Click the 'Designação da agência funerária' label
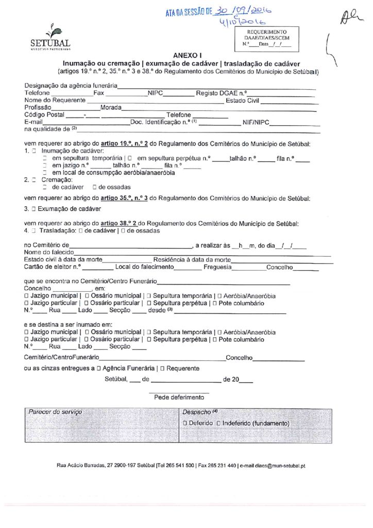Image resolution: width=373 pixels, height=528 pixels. coord(71,85)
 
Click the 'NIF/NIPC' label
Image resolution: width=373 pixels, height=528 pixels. coord(256,123)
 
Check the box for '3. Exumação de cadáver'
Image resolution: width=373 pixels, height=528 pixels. coord(33,209)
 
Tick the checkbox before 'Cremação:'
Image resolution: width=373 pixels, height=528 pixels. coord(33,180)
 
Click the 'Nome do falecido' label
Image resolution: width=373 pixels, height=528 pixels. coord(49,252)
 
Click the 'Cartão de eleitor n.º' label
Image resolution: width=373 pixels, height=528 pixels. coord(53,267)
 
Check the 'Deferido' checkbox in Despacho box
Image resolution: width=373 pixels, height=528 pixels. coord(185,423)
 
